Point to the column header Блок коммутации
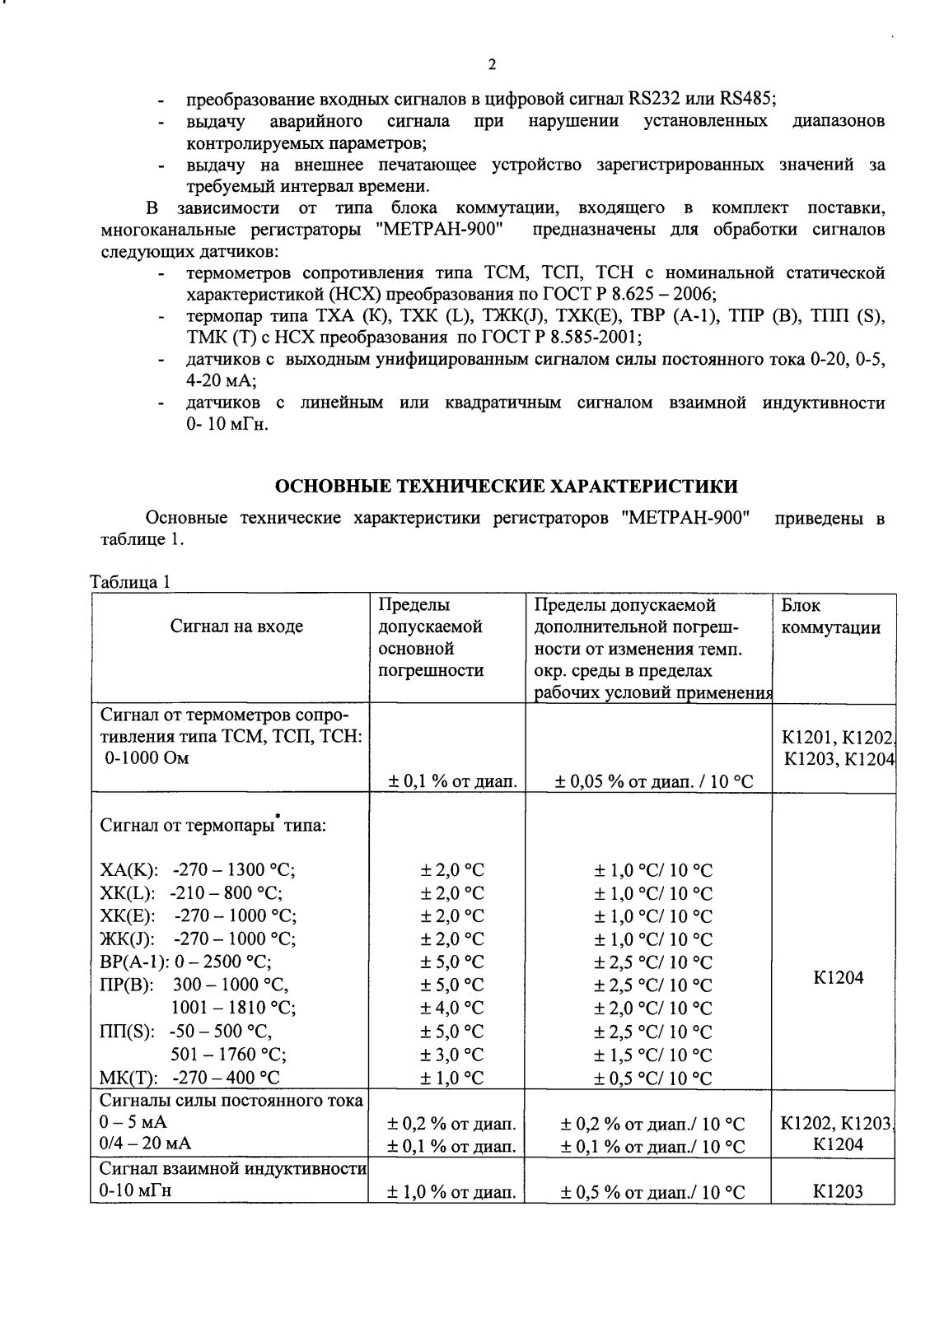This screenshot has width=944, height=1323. pyautogui.click(x=826, y=617)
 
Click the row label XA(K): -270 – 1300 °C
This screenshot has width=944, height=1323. pyautogui.click(x=198, y=871)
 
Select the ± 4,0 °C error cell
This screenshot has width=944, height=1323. pyautogui.click(x=452, y=1008)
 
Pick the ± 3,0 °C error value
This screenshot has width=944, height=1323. pyautogui.click(x=452, y=1054)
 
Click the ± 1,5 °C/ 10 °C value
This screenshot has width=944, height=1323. pyautogui.click(x=653, y=1054)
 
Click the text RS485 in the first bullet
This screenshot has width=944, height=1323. pyautogui.click(x=747, y=101)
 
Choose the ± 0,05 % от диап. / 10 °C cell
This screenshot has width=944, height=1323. pyautogui.click(x=653, y=780)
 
